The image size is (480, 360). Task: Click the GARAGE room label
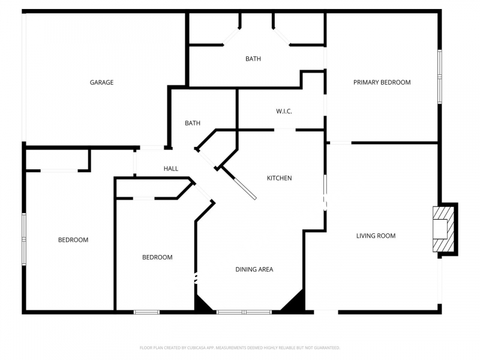(101, 82)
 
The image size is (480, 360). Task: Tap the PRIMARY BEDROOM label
(382, 82)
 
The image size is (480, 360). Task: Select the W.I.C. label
(284, 111)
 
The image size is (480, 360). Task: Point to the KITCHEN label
(279, 178)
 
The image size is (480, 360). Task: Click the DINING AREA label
(254, 269)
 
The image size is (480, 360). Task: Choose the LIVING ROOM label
(376, 236)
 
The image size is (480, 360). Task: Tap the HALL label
(171, 169)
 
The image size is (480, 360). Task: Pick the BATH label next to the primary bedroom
(253, 59)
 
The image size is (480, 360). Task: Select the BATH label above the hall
(193, 123)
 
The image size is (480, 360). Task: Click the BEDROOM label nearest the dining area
(157, 257)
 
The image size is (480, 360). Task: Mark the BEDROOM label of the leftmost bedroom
(73, 239)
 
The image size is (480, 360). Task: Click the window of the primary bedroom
(440, 77)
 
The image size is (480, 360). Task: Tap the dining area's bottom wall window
(244, 312)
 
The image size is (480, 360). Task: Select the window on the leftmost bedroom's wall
(24, 239)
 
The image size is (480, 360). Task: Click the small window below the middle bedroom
(146, 312)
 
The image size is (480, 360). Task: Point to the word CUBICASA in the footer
(198, 348)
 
